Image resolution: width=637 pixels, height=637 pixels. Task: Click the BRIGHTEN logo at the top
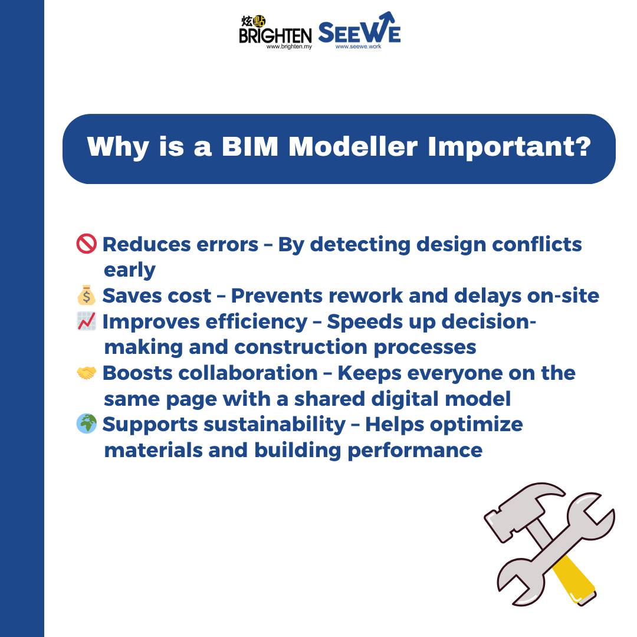coord(275,32)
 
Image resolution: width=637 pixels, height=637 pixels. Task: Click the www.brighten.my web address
coord(289,47)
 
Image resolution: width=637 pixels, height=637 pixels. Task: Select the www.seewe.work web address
coord(359,47)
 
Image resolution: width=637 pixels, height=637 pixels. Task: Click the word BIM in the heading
coord(250,146)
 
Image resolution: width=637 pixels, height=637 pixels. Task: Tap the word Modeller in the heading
coord(353,146)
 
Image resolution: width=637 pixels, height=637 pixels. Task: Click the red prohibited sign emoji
coord(87,244)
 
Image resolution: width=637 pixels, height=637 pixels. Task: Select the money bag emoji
coord(87,295)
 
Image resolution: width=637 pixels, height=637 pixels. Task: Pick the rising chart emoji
coord(87,321)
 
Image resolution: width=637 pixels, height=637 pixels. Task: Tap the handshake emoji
coord(87,373)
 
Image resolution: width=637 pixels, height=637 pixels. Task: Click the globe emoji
coord(87,423)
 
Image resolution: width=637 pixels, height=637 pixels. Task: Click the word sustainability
coord(275,425)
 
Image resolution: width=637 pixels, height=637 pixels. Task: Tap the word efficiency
coord(257,322)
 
